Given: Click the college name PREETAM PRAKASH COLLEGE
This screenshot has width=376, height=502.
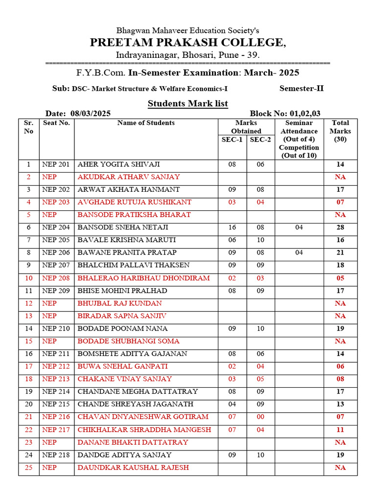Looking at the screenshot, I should [x=188, y=43].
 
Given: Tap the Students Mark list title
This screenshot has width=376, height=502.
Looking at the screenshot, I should [x=188, y=103].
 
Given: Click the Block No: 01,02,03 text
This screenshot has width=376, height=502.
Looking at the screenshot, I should [x=285, y=113].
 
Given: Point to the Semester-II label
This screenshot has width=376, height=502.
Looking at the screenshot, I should [x=302, y=89].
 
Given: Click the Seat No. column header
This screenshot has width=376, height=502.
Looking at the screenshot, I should [x=56, y=123].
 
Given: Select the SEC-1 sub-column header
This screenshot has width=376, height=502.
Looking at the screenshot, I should [x=232, y=140].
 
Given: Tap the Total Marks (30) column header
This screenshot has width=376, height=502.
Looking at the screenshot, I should [x=340, y=131].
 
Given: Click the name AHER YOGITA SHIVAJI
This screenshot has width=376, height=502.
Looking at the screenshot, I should [x=118, y=165].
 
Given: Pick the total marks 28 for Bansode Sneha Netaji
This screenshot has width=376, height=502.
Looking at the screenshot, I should [x=340, y=227].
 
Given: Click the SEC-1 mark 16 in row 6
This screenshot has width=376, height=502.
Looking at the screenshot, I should [x=232, y=227].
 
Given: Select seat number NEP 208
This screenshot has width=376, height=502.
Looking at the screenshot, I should [x=56, y=278].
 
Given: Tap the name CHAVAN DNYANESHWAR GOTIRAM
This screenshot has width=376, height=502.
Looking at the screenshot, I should [x=143, y=417].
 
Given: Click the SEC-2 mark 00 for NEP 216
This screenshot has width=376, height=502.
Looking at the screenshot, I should [x=260, y=417].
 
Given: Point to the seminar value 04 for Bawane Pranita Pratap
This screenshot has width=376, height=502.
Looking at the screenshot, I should [x=299, y=253].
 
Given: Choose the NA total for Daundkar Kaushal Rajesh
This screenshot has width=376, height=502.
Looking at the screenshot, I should [x=340, y=468].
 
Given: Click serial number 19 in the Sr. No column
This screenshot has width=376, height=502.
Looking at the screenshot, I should [x=28, y=392].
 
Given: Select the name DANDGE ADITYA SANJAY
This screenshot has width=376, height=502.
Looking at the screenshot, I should [x=124, y=455].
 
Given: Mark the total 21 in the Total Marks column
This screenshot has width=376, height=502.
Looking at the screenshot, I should [x=340, y=253].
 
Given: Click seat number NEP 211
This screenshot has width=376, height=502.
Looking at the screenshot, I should [x=56, y=354].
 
